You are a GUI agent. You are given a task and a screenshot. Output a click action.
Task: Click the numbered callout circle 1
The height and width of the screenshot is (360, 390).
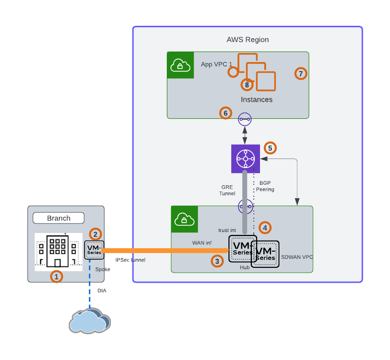pos(56,276)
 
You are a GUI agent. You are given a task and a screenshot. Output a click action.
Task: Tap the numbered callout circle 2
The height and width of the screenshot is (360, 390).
pos(96,234)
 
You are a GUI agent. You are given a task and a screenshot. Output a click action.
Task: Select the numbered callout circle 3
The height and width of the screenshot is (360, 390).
pos(217,261)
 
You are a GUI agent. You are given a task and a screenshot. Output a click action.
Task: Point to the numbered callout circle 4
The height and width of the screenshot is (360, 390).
pos(264,227)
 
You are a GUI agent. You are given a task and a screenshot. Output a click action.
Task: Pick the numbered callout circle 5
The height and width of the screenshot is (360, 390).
pos(271,148)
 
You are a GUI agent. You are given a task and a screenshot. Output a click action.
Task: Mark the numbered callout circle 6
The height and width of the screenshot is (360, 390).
pos(226,113)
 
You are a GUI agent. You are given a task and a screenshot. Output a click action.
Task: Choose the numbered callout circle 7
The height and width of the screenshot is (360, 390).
pos(300,74)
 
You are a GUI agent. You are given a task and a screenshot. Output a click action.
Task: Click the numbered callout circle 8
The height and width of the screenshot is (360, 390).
pos(247,85)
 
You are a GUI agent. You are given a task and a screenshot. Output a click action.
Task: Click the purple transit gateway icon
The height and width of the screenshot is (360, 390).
pos(245,159)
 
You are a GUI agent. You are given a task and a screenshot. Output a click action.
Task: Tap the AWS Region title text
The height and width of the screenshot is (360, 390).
pos(248,40)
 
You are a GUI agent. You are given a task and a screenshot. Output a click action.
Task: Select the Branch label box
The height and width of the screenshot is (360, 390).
pos(58,218)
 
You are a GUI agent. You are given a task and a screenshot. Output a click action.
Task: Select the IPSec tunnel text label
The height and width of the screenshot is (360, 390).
pos(130,260)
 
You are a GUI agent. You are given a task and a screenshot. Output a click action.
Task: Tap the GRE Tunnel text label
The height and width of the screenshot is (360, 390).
pos(227,190)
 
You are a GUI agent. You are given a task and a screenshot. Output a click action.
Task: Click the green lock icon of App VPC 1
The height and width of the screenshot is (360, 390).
pos(180,65)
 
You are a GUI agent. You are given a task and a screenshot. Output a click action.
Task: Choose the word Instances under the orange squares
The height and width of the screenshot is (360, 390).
pos(257,100)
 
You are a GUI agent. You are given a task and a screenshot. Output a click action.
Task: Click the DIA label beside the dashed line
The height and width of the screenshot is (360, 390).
pos(102,290)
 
